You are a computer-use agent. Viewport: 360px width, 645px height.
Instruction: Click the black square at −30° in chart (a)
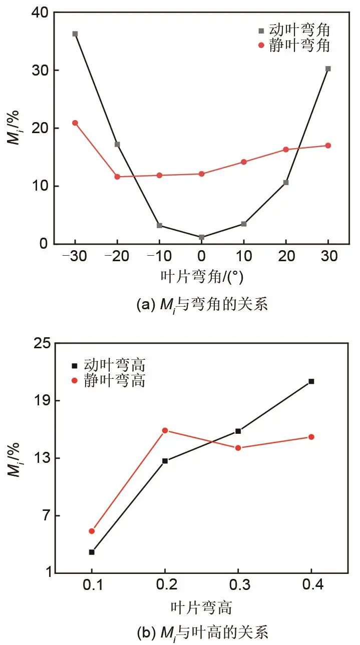point(75,34)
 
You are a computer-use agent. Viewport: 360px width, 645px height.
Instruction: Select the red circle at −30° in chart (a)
point(75,123)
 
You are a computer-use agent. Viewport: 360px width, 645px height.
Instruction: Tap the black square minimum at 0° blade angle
point(201,237)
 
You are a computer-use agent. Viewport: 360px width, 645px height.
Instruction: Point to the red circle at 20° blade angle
point(286,150)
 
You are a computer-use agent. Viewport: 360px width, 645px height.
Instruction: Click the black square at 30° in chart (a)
point(328,69)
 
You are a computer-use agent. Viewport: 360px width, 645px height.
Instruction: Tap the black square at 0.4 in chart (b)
point(311,381)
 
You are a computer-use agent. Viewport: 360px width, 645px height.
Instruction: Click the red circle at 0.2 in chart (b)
point(165,430)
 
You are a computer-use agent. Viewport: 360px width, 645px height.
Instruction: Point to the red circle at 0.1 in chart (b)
point(92,531)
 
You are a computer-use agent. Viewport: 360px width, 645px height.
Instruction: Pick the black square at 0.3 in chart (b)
point(238,431)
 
